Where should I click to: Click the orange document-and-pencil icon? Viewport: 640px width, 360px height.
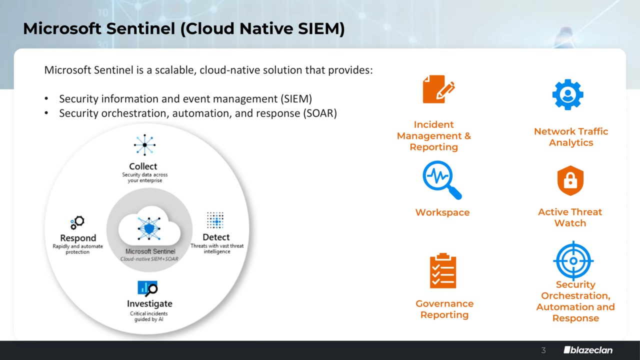click(438, 89)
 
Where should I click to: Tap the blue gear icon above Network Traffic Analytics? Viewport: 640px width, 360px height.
click(567, 94)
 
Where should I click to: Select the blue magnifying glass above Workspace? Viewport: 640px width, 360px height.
click(441, 179)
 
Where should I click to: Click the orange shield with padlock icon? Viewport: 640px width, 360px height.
click(570, 180)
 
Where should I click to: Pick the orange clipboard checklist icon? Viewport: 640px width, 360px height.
click(443, 270)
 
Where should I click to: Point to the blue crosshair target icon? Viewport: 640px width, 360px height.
click(573, 260)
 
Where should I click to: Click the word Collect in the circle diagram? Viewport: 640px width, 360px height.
click(143, 166)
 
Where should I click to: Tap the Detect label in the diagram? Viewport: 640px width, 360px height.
click(216, 237)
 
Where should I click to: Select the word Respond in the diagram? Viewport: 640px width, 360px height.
click(78, 238)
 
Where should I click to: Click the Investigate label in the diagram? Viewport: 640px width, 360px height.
click(149, 303)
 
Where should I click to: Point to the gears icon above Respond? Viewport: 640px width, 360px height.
click(77, 222)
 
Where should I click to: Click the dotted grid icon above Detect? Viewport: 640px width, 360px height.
click(215, 220)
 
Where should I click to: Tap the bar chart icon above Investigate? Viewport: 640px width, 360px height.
click(147, 288)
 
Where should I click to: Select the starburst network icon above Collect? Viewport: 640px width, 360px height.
click(144, 145)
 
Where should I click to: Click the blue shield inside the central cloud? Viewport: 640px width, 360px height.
click(149, 228)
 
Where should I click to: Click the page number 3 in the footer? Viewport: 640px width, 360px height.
click(543, 350)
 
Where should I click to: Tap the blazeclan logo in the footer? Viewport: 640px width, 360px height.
click(588, 350)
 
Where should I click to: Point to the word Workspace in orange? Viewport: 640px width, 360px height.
click(442, 212)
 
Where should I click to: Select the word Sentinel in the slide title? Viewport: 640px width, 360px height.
click(140, 28)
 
